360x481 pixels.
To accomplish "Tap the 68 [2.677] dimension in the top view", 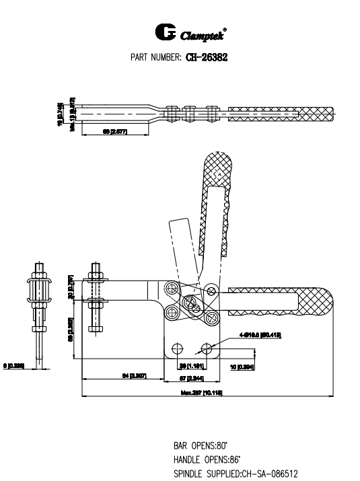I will coord(115,132).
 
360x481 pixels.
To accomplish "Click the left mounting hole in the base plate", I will coord(178,348).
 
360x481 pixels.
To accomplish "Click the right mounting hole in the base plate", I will coord(207,348).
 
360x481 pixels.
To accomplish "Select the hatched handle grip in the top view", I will coord(283,110).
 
